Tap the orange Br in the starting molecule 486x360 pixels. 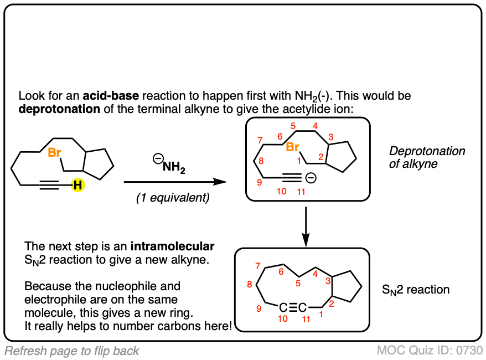pos(54,153)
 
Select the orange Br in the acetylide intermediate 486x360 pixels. pos(293,148)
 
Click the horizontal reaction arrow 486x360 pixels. pos(175,182)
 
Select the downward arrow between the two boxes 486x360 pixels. pos(306,224)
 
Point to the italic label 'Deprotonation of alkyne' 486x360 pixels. pos(427,158)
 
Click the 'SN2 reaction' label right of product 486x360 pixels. pos(416,289)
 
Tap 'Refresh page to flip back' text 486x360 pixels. pos(72,351)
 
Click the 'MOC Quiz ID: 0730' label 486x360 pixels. pos(430,351)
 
